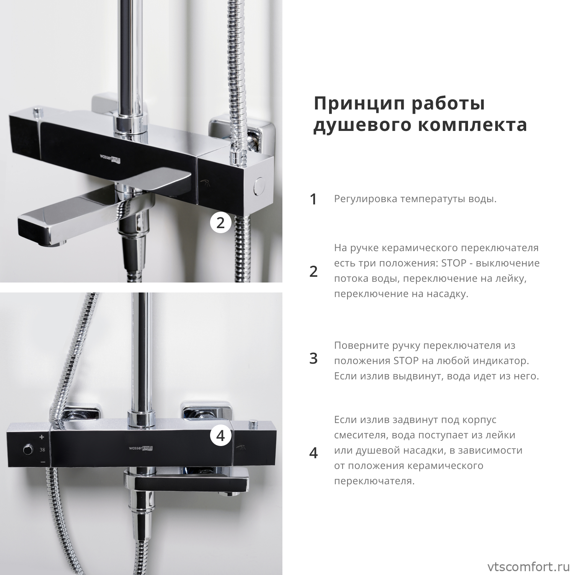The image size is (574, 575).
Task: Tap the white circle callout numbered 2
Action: coord(220,222)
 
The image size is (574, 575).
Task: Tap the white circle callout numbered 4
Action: coord(220,435)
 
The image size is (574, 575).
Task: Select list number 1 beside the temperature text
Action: coord(313,199)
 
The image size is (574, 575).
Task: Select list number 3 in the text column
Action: coord(313,359)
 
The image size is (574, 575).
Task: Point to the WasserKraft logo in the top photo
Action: coord(110,158)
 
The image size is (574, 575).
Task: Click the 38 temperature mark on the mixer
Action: coord(42,449)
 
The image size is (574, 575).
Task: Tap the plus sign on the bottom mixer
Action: coord(42,437)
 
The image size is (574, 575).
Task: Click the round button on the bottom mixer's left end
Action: coord(28,449)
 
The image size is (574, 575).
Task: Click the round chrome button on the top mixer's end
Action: coord(259,186)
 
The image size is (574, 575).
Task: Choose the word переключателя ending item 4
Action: coord(375,481)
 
